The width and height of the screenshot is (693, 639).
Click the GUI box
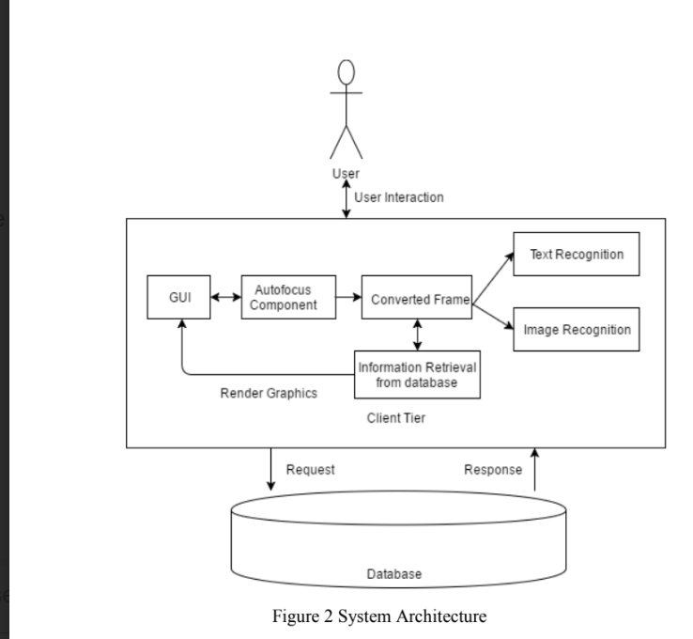coord(177,297)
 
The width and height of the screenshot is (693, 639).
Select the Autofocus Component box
coord(288,297)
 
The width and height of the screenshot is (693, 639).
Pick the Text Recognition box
coord(576,255)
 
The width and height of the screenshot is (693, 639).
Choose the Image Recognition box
coord(576,330)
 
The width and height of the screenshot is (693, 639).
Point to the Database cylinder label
coord(393,573)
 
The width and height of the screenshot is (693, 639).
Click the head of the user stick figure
coord(346,73)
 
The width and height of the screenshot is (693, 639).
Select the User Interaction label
coord(399,197)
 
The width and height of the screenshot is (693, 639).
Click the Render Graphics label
coord(269,394)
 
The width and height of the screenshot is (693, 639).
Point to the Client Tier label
coord(395,419)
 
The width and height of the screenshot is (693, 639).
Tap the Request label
coord(310,469)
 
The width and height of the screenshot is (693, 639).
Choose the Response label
coord(493,469)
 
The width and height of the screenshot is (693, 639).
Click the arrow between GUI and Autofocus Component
coord(224,297)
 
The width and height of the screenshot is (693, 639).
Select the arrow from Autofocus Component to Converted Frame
coord(348,297)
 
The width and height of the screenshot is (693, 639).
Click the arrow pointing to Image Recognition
coord(492,316)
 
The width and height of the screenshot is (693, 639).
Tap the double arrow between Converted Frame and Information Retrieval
coord(416,334)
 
